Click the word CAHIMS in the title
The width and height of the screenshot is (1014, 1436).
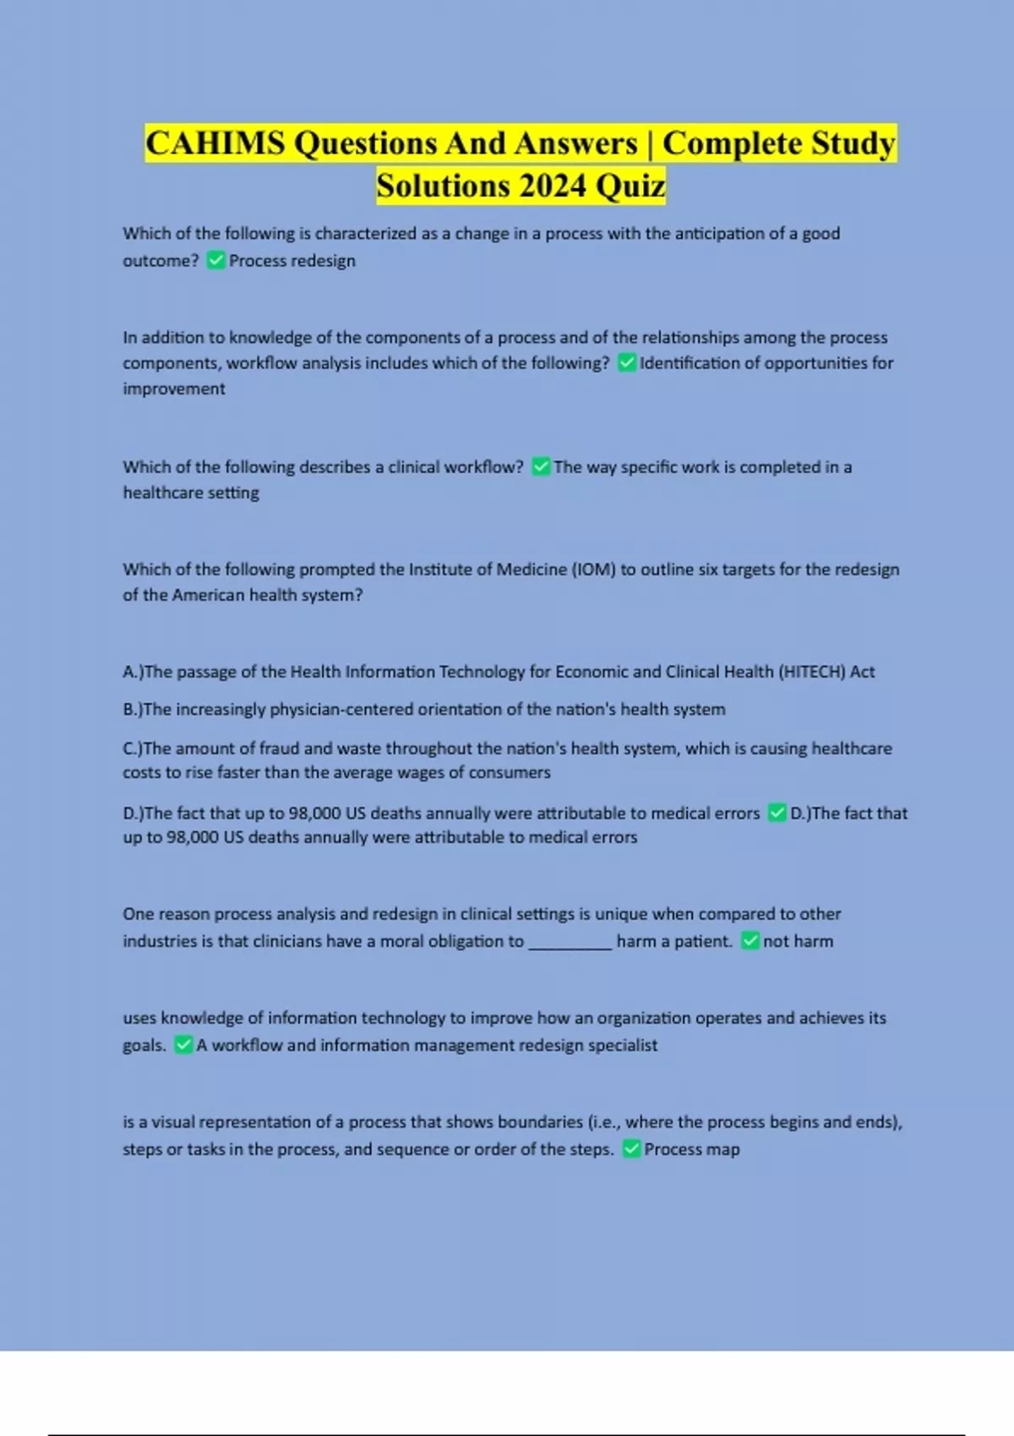[215, 144]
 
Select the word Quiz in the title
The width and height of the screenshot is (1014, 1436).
[630, 186]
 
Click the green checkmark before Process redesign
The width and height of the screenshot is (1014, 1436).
[215, 260]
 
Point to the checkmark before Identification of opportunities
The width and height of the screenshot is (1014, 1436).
[627, 363]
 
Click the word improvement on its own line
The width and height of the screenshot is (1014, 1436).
[174, 389]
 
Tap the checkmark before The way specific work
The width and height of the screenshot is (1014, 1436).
[541, 467]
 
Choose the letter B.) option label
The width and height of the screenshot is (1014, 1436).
[133, 710]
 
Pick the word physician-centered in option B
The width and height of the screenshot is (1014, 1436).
[341, 710]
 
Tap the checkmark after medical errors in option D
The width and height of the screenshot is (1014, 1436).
[777, 813]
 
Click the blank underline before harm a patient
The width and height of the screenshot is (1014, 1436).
[570, 942]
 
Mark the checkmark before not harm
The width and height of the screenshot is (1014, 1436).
[750, 941]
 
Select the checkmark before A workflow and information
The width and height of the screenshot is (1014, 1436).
[183, 1045]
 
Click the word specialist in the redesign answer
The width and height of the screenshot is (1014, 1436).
[623, 1045]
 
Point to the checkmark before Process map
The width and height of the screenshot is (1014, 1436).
[631, 1149]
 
